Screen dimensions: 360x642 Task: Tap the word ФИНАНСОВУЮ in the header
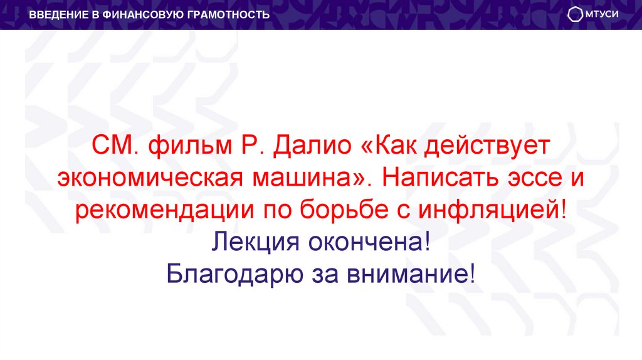point(138,14)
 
